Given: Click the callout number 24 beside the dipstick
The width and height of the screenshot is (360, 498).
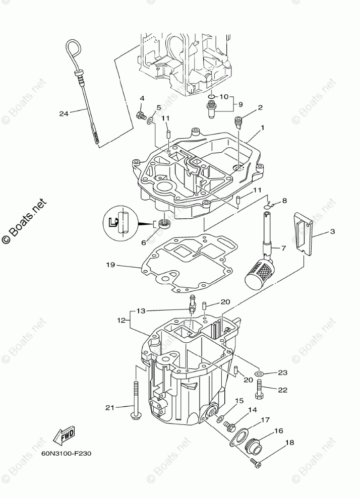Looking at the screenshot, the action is (63, 114).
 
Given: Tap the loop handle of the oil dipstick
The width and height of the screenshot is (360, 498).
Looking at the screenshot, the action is (72, 51).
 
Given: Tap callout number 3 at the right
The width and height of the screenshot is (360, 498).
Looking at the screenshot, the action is (332, 232).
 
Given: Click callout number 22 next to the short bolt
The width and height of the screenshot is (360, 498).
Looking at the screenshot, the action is (282, 389).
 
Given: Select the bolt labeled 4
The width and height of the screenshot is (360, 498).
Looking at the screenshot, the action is (141, 116).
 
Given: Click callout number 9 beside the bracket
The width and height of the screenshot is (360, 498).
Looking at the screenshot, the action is (241, 104).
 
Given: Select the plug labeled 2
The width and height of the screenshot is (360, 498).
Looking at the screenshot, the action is (239, 121).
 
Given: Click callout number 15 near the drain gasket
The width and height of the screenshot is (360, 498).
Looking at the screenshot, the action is (239, 401).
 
